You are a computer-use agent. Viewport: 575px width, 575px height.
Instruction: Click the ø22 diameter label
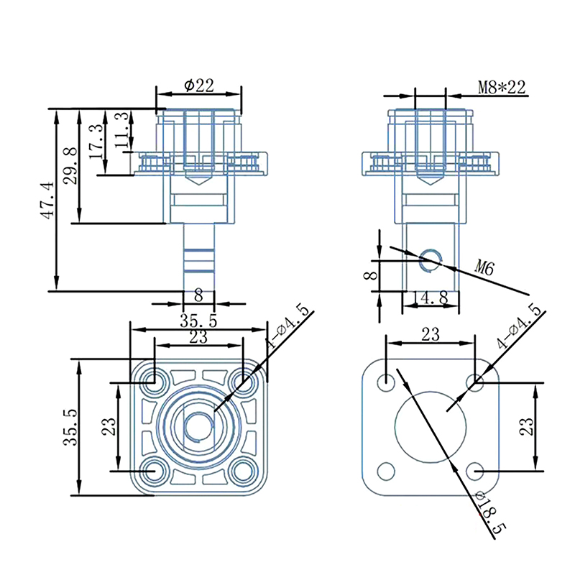tap(199, 85)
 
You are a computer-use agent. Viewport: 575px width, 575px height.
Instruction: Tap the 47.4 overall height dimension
tap(46, 200)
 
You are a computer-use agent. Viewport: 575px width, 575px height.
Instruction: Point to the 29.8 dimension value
tap(70, 166)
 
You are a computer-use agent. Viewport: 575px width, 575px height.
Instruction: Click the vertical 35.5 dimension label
tap(70, 427)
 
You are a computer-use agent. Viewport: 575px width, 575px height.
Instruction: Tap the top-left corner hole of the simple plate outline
tap(387, 381)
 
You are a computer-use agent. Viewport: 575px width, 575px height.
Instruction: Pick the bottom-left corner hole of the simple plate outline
tap(387, 471)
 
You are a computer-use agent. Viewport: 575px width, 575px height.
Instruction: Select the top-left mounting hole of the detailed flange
tap(153, 382)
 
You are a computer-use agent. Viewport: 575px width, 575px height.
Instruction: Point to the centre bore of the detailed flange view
tap(198, 426)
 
